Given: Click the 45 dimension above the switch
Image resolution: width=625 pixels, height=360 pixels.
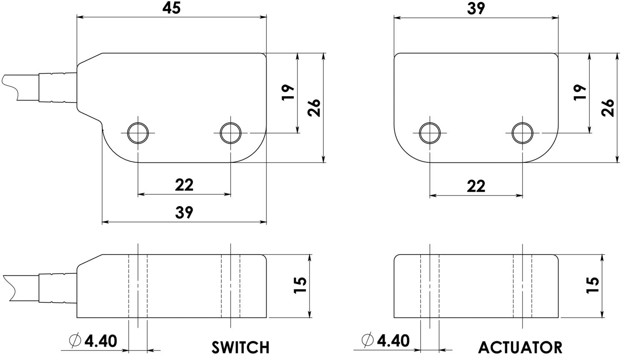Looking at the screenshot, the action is [172, 8].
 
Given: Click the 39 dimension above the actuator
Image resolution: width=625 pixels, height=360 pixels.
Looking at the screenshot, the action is [476, 8].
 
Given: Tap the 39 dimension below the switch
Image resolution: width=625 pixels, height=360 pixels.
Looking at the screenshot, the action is [184, 212].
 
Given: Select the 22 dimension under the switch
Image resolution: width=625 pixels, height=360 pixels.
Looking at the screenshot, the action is [184, 185].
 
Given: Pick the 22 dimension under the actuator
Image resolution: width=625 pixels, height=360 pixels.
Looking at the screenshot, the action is [476, 186].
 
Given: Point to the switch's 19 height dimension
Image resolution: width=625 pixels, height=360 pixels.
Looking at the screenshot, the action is [288, 92].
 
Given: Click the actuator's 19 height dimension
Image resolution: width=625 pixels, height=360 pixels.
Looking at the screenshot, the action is [580, 92].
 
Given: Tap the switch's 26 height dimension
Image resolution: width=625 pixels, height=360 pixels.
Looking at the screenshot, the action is [314, 107].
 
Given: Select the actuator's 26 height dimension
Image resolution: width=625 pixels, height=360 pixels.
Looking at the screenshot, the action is [607, 107].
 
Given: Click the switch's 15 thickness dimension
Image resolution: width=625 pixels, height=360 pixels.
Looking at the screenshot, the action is [300, 285].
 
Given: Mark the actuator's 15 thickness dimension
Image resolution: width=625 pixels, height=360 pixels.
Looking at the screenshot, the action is [592, 285].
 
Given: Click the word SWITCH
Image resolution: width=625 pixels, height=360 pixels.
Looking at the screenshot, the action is [240, 347].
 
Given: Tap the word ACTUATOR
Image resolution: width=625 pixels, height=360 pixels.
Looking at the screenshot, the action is [520, 347].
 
